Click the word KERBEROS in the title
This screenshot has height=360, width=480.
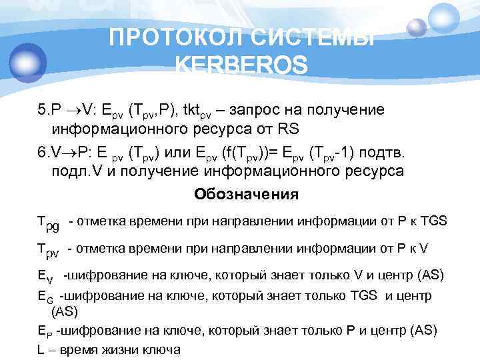coord(241,66)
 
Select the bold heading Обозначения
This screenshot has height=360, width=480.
coord(246,195)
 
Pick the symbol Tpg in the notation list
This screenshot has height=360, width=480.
coord(47,223)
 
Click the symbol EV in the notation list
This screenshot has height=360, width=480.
coord(44,275)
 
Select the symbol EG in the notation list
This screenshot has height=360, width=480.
coord(44,295)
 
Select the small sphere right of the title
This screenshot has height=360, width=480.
coord(417,27)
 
